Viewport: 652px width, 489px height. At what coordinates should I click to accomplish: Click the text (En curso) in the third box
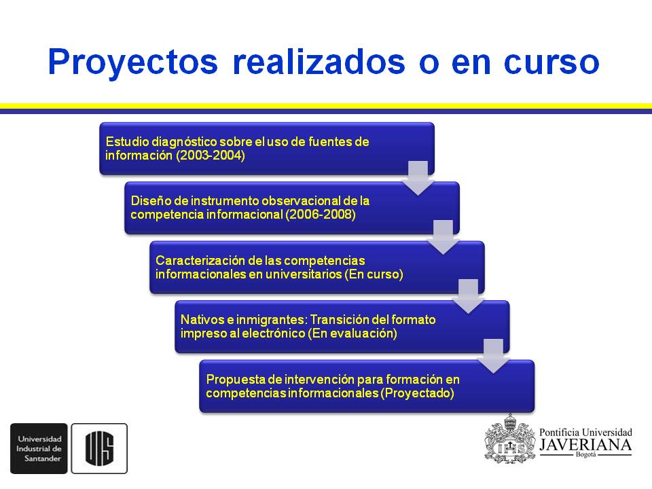[374, 274]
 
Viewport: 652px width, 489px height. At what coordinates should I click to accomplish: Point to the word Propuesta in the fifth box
[232, 379]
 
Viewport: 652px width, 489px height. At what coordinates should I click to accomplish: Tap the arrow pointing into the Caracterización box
[443, 237]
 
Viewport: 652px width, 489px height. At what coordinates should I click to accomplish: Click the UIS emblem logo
[99, 448]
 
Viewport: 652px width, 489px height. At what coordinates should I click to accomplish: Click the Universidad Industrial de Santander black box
[39, 448]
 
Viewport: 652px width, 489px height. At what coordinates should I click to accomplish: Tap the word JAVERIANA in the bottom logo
[585, 445]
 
